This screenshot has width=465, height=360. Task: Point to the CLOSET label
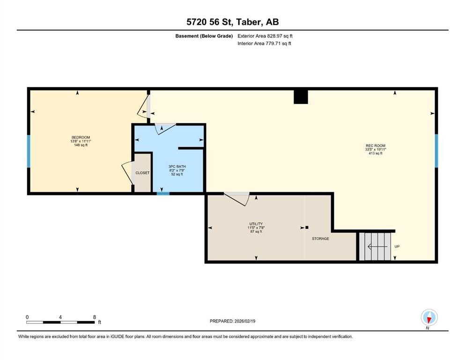(142, 173)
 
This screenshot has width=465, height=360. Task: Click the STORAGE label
(320, 239)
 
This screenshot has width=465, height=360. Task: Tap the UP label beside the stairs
(397, 247)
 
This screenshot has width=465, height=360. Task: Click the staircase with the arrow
(375, 247)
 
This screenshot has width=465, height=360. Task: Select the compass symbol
(429, 317)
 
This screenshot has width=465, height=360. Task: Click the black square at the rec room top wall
(301, 97)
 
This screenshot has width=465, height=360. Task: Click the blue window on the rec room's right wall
(436, 150)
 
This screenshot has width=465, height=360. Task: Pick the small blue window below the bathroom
(162, 193)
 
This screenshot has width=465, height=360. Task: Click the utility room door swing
(237, 199)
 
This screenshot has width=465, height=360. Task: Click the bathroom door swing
(164, 128)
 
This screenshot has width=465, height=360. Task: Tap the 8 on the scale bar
(95, 317)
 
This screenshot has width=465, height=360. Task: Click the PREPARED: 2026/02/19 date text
(232, 321)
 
